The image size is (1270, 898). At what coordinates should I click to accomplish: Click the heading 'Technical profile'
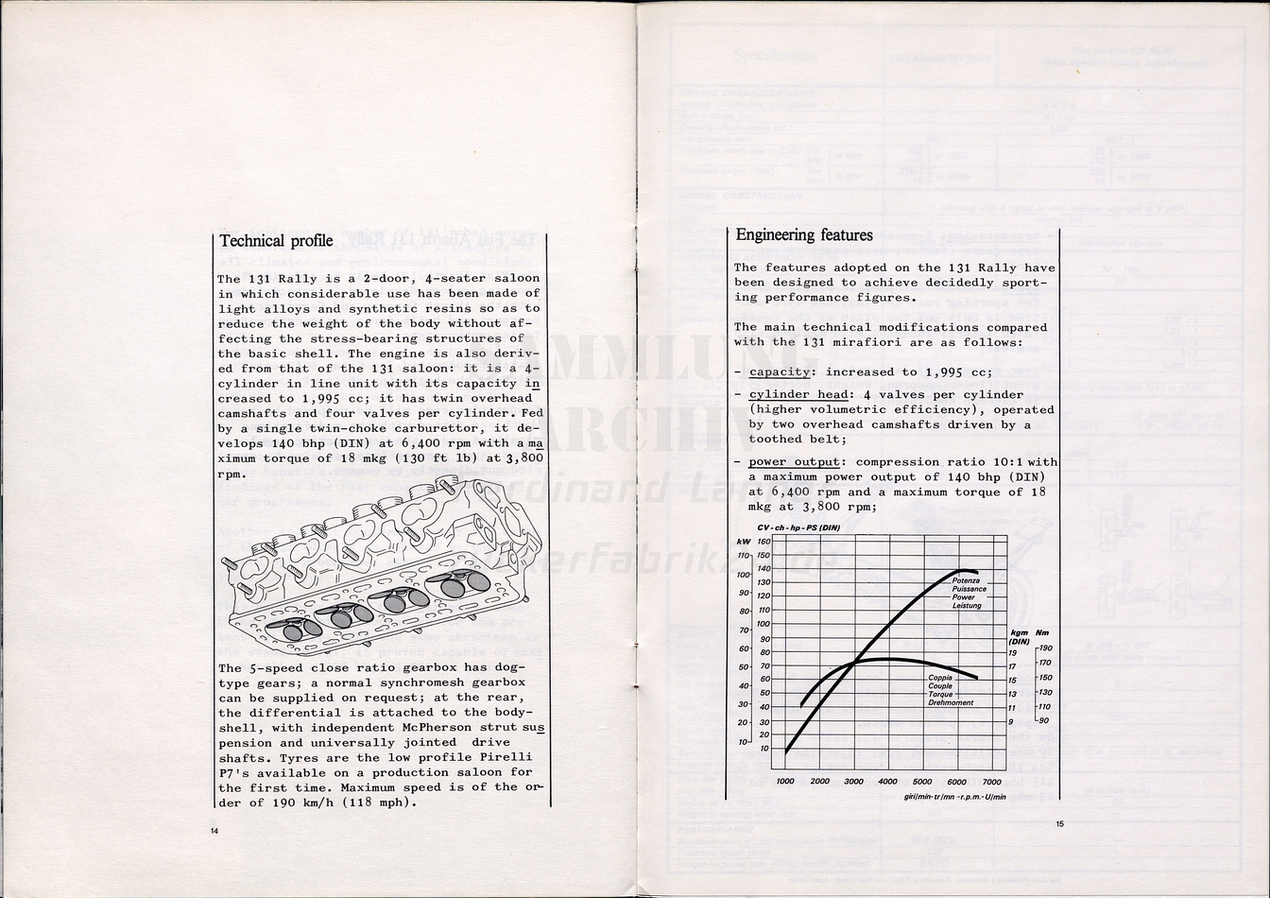pyautogui.click(x=276, y=241)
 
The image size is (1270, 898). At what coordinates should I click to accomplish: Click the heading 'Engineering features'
pyautogui.click(x=804, y=234)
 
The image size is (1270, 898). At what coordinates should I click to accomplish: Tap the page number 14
pyautogui.click(x=215, y=830)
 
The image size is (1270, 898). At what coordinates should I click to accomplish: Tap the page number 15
pyautogui.click(x=1059, y=823)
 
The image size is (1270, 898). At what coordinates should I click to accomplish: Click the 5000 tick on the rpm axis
pyautogui.click(x=922, y=782)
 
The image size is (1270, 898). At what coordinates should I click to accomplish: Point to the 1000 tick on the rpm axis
pyautogui.click(x=785, y=782)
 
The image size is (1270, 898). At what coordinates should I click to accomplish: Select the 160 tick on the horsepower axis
pyautogui.click(x=764, y=542)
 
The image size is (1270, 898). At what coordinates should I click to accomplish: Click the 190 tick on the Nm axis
pyautogui.click(x=1044, y=648)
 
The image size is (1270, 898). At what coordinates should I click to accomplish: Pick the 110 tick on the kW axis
pyautogui.click(x=743, y=556)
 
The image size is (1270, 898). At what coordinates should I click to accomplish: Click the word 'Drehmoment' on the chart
pyautogui.click(x=951, y=703)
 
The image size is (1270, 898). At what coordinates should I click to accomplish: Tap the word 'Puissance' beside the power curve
pyautogui.click(x=970, y=589)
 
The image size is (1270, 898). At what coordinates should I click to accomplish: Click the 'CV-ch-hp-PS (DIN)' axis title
pyautogui.click(x=798, y=527)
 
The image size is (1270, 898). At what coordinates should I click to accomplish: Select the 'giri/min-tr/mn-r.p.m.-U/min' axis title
pyautogui.click(x=954, y=797)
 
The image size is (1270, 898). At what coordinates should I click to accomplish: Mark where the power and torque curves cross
pyautogui.click(x=855, y=663)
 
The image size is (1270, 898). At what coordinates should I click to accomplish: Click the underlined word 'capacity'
pyautogui.click(x=780, y=371)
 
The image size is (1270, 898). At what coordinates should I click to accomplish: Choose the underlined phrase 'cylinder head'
pyautogui.click(x=795, y=394)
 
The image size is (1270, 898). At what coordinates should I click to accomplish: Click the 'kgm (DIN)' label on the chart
pyautogui.click(x=1020, y=636)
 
